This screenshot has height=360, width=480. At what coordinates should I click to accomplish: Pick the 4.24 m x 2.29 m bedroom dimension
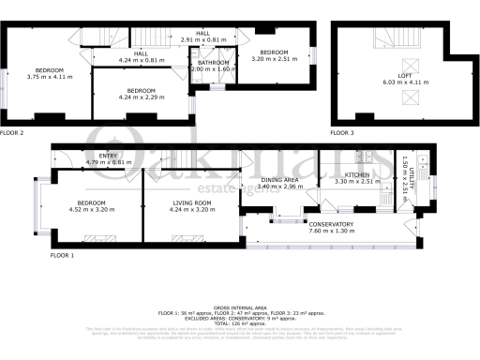click(140, 97)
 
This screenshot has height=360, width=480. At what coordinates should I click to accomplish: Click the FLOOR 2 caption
click(12, 133)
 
